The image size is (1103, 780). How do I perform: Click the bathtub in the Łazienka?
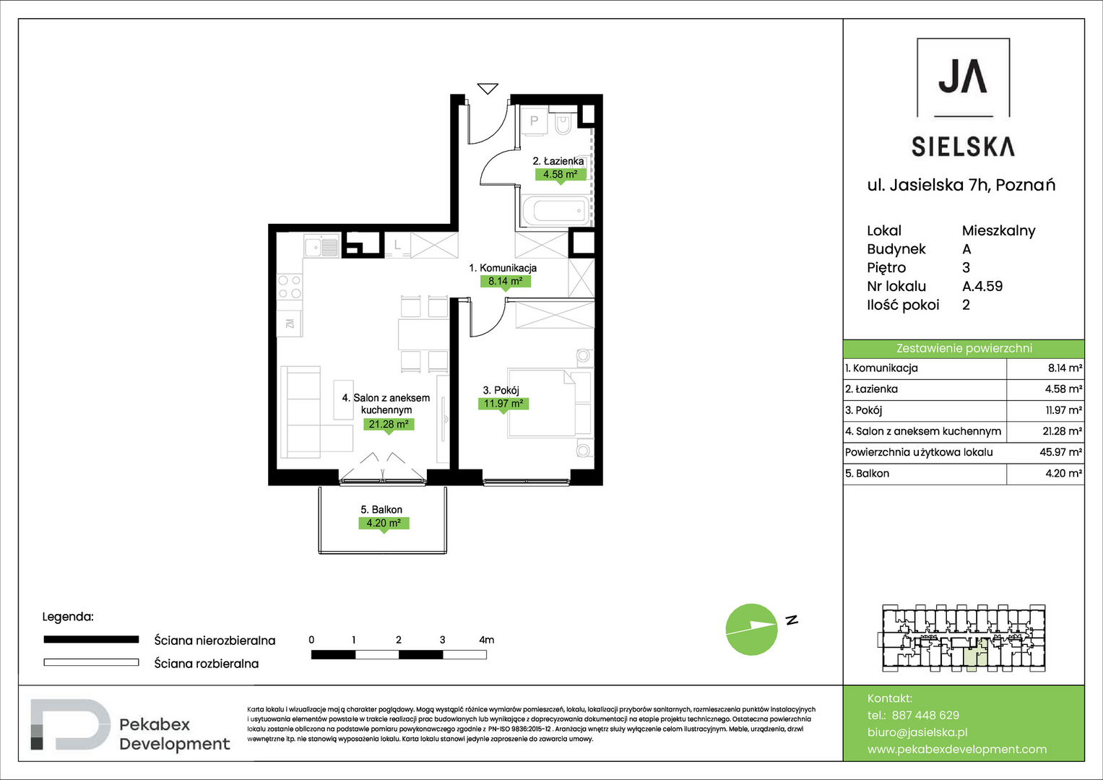pyautogui.click(x=555, y=211)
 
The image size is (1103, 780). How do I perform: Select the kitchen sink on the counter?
pyautogui.click(x=321, y=246)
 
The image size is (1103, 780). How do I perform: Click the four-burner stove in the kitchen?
pyautogui.click(x=290, y=287)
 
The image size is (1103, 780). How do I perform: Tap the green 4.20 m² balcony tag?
pyautogui.click(x=384, y=524)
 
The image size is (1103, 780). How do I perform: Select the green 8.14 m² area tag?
pyautogui.click(x=505, y=282)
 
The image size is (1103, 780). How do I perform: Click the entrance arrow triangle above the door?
pyautogui.click(x=488, y=89)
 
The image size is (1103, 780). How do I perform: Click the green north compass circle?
pyautogui.click(x=751, y=629)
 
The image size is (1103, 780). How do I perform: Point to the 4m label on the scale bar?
pyautogui.click(x=487, y=640)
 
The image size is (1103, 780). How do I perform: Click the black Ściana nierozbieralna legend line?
pyautogui.click(x=91, y=640)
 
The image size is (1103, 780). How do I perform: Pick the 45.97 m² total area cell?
pyautogui.click(x=1060, y=452)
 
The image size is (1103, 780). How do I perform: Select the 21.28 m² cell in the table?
pyautogui.click(x=1062, y=431)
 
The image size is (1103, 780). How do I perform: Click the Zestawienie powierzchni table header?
pyautogui.click(x=964, y=349)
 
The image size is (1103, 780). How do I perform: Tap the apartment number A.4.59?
pyautogui.click(x=982, y=286)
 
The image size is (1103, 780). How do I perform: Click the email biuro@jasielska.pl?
pyautogui.click(x=917, y=732)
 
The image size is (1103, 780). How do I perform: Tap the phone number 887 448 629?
pyautogui.click(x=925, y=715)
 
